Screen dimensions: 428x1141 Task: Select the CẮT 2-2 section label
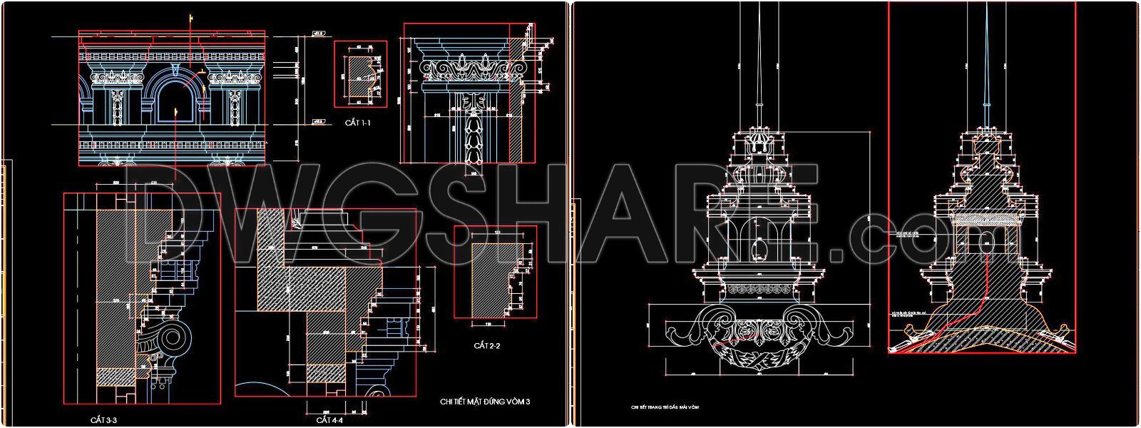[x=486, y=346]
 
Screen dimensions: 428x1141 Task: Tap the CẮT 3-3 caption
[x=104, y=419]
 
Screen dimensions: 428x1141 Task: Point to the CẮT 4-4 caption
[x=329, y=419]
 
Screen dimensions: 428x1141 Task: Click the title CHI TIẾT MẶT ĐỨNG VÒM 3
[x=485, y=402]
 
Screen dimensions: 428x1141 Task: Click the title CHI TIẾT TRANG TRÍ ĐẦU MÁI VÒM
[x=665, y=407]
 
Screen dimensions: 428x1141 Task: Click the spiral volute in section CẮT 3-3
[x=174, y=337]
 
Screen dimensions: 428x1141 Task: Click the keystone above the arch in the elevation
[x=175, y=69]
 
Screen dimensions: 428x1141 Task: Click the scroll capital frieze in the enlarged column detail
[x=467, y=69]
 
